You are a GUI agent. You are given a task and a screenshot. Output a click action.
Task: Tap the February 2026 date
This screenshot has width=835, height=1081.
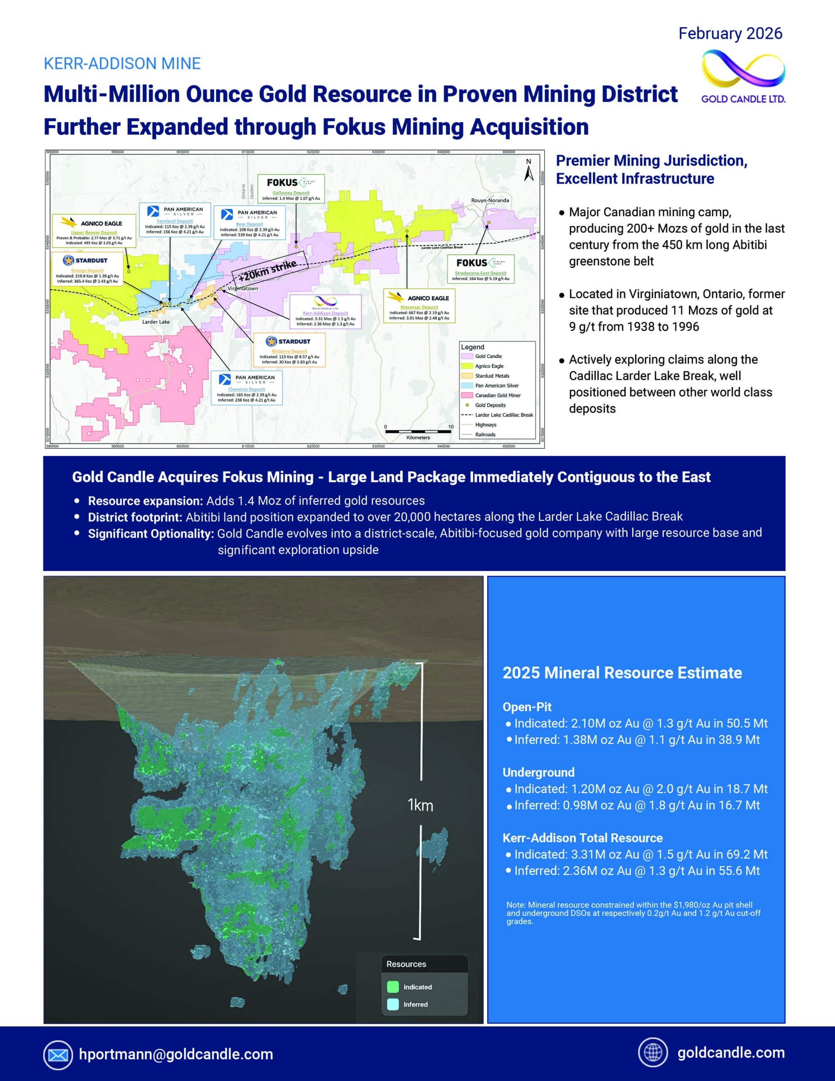tap(730, 34)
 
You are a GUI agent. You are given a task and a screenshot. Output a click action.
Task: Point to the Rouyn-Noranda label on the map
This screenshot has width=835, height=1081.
tap(490, 201)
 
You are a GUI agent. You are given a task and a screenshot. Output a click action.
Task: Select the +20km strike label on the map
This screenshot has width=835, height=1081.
tap(268, 270)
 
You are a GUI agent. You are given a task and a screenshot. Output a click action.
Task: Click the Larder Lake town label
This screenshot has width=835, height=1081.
tap(156, 322)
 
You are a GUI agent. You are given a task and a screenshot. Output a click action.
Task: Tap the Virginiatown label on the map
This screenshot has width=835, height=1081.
tap(243, 288)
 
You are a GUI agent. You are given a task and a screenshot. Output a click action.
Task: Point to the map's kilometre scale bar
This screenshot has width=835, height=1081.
tap(418, 432)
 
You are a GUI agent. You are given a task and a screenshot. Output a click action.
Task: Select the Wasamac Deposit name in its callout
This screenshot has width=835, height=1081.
tap(419, 307)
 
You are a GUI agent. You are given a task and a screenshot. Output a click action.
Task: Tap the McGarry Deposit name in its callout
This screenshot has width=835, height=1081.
tap(289, 351)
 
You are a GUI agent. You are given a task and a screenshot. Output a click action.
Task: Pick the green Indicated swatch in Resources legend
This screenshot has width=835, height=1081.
tap(393, 987)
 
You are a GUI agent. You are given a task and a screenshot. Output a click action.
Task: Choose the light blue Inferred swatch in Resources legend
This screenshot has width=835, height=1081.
tap(393, 1004)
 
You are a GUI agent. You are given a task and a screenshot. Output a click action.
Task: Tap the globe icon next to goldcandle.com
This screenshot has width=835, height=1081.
tap(653, 1052)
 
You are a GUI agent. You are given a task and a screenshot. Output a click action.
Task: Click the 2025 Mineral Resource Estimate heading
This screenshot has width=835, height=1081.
tap(622, 673)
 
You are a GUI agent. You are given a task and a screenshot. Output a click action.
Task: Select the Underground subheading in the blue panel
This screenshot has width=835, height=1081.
tap(539, 772)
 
